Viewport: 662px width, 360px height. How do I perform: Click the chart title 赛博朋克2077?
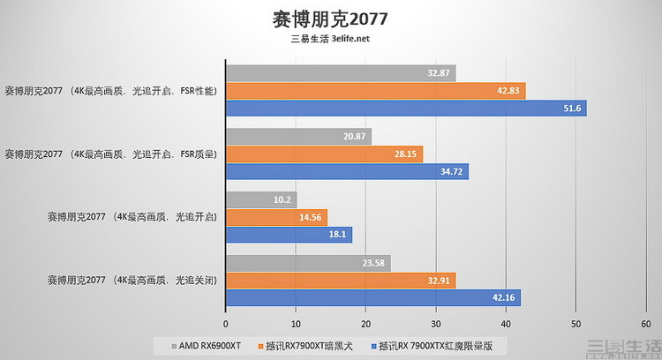coord(330,19)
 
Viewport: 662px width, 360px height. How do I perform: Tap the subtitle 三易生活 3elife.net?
coord(330,39)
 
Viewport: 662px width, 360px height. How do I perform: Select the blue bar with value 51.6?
coord(406,108)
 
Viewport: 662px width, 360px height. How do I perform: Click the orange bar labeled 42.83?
coord(375,90)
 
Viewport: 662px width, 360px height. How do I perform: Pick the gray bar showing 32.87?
coord(341,73)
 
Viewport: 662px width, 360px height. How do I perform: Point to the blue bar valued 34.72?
coord(347,171)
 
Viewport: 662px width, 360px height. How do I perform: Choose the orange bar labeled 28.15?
coord(324,154)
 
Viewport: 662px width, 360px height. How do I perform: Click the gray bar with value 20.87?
coord(298,137)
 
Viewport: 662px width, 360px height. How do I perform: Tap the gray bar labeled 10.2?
coord(261,200)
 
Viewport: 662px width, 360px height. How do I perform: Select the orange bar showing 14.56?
coord(276,217)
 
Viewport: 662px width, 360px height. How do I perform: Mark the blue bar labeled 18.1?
coord(289,235)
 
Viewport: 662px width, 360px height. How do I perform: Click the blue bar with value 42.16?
coord(372,298)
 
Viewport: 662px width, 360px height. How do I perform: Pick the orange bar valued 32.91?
coord(341,281)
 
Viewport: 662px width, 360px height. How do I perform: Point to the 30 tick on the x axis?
coord(436,323)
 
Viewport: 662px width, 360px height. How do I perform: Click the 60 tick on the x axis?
coord(645,323)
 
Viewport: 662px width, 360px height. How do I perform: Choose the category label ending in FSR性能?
coord(111,90)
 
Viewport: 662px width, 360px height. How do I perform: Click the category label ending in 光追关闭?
coord(132,281)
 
